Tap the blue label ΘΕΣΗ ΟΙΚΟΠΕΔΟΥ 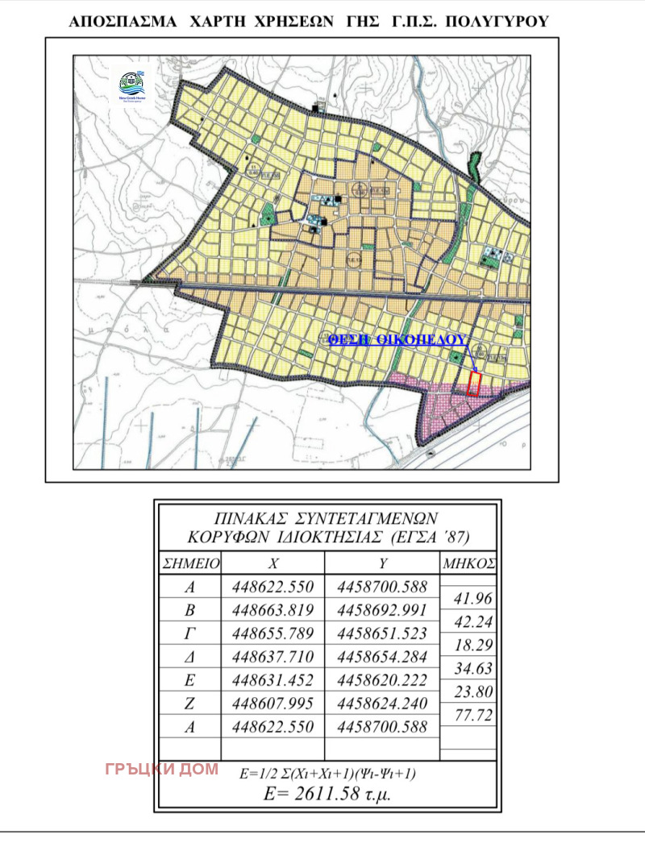(x=397, y=340)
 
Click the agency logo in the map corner (x=132, y=85)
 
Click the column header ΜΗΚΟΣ (x=468, y=562)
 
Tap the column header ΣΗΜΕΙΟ (x=190, y=562)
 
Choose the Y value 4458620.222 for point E (x=383, y=679)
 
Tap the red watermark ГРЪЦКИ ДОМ (x=162, y=769)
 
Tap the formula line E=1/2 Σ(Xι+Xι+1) (x=327, y=773)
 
